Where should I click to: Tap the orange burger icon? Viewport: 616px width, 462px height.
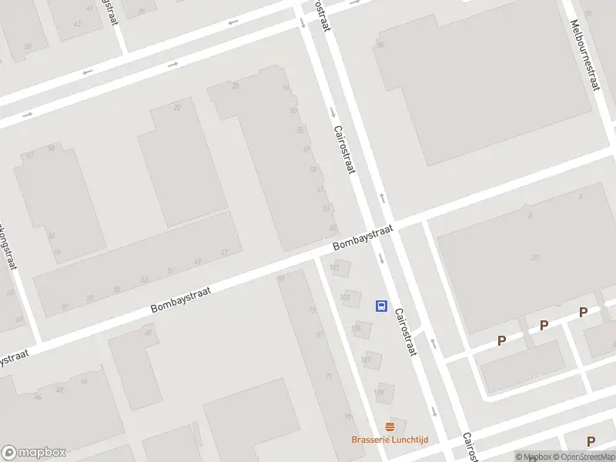(390, 426)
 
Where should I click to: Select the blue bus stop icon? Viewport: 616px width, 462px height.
(381, 306)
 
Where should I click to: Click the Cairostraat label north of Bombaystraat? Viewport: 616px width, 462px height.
(343, 149)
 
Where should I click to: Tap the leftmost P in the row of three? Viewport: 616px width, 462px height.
(501, 340)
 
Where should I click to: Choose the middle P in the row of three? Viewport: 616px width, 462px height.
(544, 326)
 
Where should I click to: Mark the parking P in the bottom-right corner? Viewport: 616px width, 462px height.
(591, 441)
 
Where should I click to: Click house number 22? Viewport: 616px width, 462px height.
(177, 108)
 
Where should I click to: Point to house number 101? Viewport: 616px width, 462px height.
(334, 268)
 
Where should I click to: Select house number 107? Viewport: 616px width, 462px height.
(366, 360)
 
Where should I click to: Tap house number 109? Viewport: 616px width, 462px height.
(378, 392)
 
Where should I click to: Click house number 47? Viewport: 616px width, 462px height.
(224, 253)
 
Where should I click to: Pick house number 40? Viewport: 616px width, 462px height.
(148, 332)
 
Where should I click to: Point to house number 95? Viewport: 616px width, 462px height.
(348, 417)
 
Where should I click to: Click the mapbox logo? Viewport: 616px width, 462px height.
(33, 452)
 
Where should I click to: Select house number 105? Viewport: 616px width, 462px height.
(355, 329)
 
